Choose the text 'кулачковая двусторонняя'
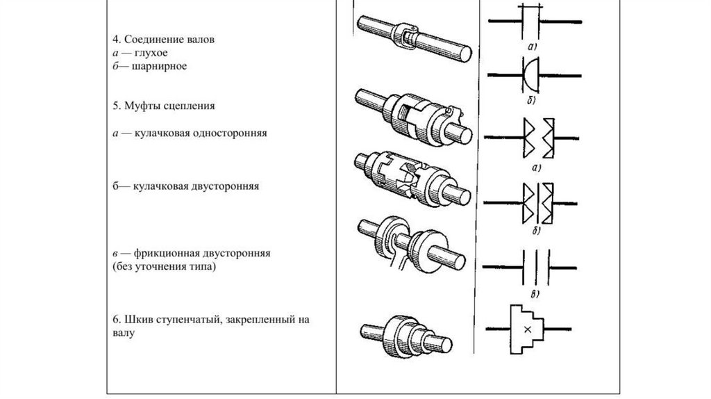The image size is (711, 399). pyautogui.click(x=194, y=187)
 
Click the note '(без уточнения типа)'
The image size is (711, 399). pyautogui.click(x=163, y=266)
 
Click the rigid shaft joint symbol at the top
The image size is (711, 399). pyautogui.click(x=531, y=22)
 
